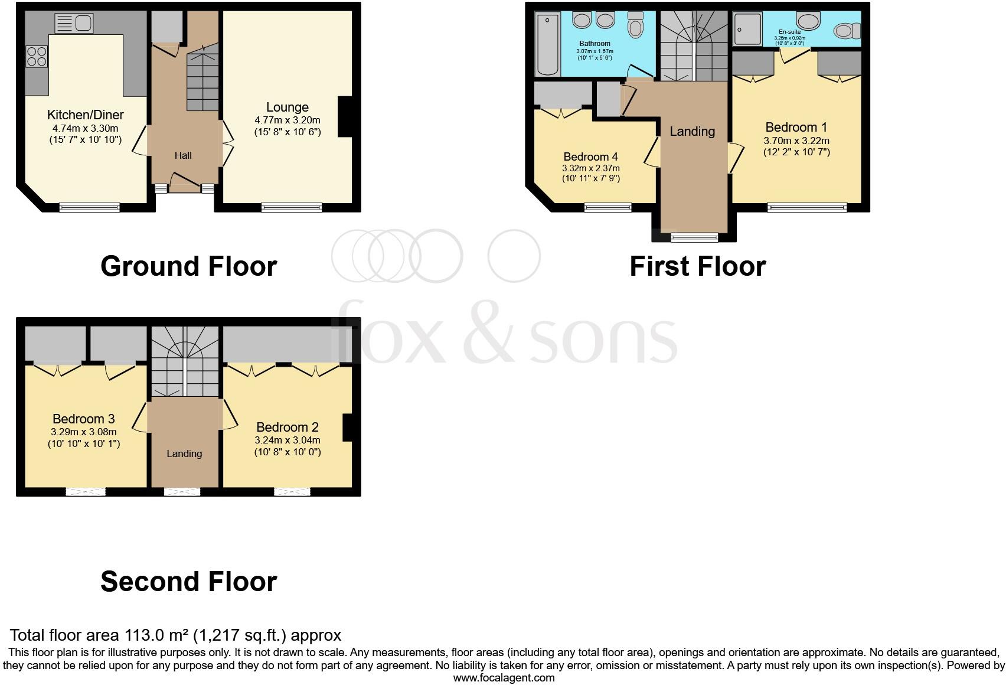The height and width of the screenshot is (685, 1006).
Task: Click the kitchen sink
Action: [74, 24]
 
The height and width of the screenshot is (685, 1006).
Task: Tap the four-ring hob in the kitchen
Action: [37, 56]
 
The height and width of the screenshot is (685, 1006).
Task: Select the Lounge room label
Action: [288, 107]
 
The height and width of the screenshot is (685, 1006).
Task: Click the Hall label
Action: [183, 156]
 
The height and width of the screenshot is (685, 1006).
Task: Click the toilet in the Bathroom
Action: [635, 25]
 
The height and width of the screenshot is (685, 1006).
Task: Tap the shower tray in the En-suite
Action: [748, 30]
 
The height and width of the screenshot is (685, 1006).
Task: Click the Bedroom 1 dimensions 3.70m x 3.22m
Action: [796, 141]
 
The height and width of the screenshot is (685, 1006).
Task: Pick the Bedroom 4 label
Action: [590, 157]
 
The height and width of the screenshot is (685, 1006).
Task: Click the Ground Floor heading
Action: [188, 266]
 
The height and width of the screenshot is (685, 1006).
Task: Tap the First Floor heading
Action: [697, 266]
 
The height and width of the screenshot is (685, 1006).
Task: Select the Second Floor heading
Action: [188, 582]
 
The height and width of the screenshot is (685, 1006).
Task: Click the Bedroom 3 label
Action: [83, 419]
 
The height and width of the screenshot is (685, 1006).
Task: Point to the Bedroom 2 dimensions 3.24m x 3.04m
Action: [288, 441]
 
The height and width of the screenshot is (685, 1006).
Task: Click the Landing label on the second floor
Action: [184, 454]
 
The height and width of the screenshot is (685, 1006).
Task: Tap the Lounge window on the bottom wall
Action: [292, 207]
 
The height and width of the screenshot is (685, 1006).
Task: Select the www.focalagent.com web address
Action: [504, 678]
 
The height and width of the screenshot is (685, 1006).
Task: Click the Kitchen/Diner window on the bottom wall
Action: [90, 207]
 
